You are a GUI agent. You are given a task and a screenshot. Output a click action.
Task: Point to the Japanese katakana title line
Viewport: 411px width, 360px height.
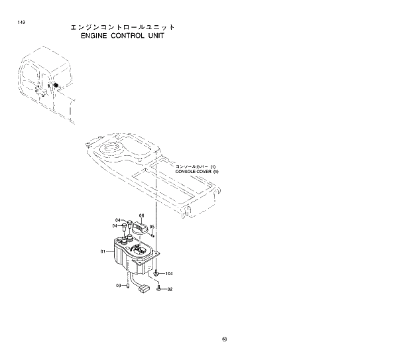(x=123, y=27)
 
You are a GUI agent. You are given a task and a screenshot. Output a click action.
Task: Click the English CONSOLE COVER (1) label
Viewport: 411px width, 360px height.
(x=196, y=171)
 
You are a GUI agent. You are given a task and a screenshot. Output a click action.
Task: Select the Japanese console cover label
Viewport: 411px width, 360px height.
(x=195, y=166)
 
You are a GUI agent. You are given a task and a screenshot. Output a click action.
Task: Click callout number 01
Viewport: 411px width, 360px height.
(x=103, y=251)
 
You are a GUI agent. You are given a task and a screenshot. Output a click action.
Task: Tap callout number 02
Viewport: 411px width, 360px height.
(x=170, y=289)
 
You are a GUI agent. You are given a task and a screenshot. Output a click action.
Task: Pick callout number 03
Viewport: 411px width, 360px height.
(x=119, y=286)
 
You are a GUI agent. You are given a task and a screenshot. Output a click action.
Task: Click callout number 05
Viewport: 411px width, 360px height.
(x=152, y=226)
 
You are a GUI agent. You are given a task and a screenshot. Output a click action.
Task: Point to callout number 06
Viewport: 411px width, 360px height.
(x=141, y=215)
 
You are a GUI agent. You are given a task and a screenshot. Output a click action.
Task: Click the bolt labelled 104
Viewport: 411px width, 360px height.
(x=156, y=272)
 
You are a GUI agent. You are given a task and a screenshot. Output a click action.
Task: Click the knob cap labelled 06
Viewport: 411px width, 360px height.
(x=140, y=227)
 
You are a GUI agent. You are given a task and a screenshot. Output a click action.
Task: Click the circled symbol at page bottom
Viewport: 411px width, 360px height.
(x=225, y=340)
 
